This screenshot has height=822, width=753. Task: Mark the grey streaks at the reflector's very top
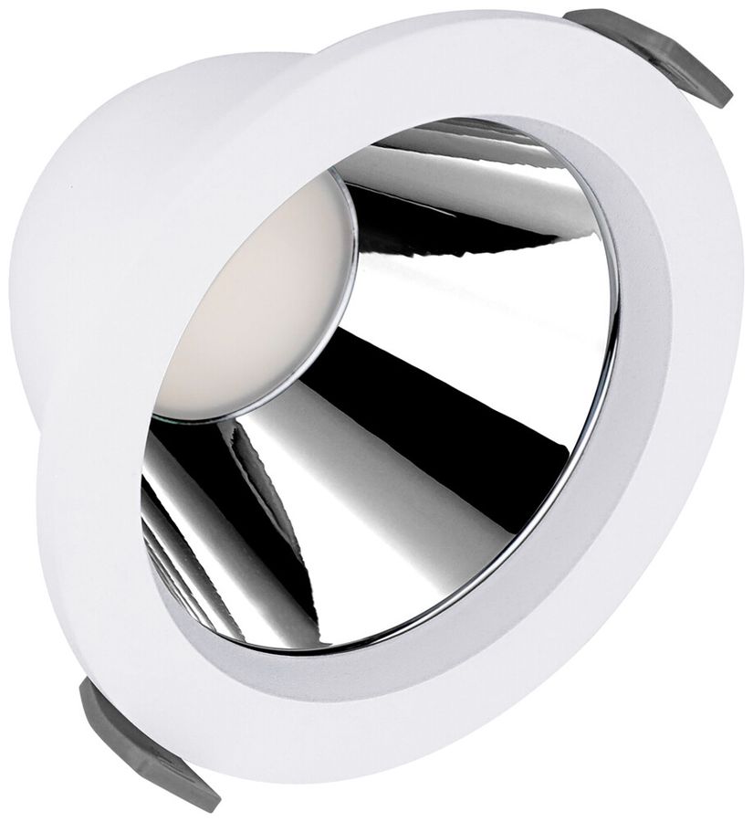coord(456,137)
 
